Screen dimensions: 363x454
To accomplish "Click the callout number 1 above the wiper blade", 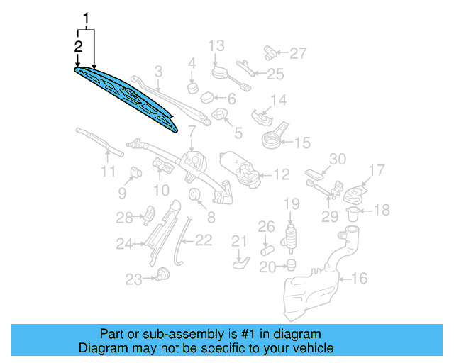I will coord(87,17).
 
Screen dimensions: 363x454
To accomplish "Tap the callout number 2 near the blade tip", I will coord(78,46).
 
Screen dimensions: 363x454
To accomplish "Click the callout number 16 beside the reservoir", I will coord(360,279).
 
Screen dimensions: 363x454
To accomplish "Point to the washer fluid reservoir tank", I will coord(319,280).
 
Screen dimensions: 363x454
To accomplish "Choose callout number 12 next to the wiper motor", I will coord(282,173).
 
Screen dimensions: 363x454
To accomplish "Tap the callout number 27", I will coord(298,52).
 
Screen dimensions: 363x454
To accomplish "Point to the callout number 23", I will coord(134,280).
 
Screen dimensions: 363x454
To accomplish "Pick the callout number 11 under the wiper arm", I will coord(107,172).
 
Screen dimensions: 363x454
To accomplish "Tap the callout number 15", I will coord(302,143).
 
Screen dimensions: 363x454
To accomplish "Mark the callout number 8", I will coord(211,217).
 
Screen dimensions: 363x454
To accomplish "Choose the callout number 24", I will coord(125,245).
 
